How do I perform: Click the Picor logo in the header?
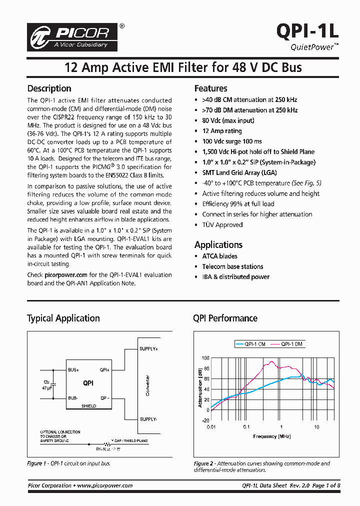tap(73, 36)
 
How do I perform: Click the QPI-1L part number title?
tap(307, 31)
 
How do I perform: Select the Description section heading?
tap(49, 88)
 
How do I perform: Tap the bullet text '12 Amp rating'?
tap(221, 131)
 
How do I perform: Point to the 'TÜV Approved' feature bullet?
tap(222, 225)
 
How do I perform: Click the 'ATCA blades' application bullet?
tap(219, 256)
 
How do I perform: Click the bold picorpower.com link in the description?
tap(66, 275)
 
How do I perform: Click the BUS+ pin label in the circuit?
tap(74, 370)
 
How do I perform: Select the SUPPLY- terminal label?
tap(148, 419)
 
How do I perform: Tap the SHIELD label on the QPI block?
tap(88, 406)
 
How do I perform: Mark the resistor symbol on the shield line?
tap(107, 444)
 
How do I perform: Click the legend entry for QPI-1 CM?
tap(250, 344)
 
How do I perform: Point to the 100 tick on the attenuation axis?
tap(205, 358)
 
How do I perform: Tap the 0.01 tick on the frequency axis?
tap(211, 427)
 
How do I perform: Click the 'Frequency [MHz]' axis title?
tap(271, 436)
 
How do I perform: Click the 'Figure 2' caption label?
tap(204, 463)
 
